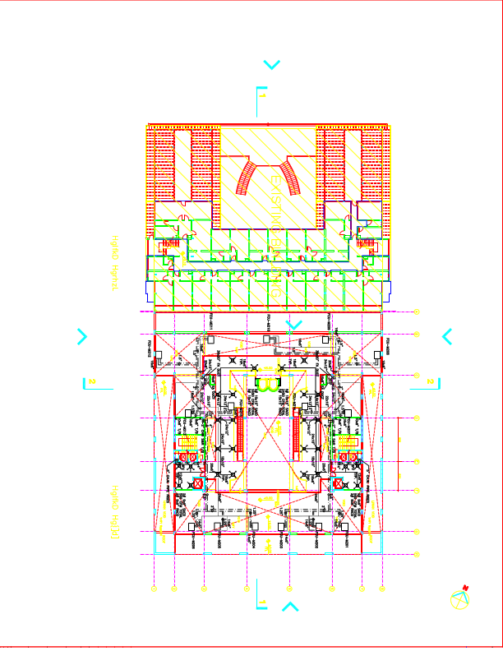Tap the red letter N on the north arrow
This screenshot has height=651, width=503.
point(465,587)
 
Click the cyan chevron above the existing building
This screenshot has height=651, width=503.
point(271,64)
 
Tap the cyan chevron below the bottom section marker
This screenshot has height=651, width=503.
point(290,607)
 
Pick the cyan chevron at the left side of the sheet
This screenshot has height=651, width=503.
point(81,336)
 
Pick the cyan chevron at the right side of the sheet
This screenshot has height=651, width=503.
point(447,336)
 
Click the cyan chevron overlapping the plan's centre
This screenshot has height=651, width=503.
point(293,325)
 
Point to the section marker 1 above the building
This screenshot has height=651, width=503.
point(261,97)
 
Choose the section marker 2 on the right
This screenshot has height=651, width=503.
point(431,381)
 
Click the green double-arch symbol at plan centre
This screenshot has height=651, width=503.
point(268,383)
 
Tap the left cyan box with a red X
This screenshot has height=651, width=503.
point(197,484)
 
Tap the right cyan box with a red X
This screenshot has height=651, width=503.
point(338,484)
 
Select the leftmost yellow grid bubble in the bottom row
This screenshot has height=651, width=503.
point(154,589)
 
